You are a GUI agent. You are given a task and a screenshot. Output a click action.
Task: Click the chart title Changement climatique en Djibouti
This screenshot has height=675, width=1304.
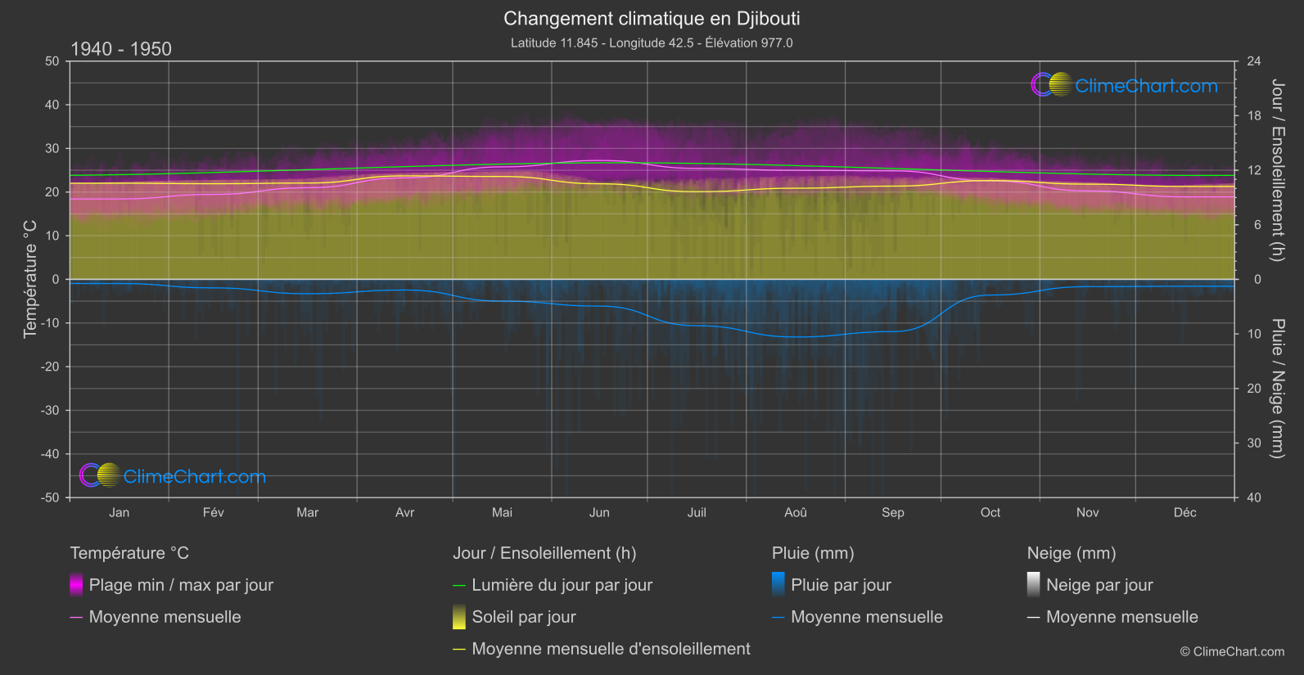(x=652, y=18)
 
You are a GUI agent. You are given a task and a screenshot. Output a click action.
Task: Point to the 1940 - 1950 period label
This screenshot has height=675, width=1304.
(x=121, y=49)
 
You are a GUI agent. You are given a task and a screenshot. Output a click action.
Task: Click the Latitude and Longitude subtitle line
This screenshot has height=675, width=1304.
(x=652, y=43)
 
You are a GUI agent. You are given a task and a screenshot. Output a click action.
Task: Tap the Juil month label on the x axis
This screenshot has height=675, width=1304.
(x=697, y=512)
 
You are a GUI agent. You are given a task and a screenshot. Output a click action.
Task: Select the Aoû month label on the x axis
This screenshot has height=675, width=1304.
(x=795, y=512)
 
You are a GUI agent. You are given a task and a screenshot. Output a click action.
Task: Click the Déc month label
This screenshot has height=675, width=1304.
(x=1184, y=512)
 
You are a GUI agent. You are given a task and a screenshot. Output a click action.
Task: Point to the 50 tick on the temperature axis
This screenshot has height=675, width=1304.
(x=52, y=61)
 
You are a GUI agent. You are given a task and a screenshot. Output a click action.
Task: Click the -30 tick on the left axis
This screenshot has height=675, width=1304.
(x=51, y=411)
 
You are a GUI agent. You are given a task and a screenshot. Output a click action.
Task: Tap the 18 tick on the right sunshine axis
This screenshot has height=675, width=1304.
(x=1254, y=116)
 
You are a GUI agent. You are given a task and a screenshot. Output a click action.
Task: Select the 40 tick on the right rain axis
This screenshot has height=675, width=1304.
(x=1254, y=497)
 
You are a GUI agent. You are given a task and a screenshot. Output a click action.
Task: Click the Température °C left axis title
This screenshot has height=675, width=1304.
(x=30, y=279)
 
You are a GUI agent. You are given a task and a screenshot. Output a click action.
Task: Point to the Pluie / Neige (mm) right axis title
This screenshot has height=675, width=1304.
(x=1277, y=389)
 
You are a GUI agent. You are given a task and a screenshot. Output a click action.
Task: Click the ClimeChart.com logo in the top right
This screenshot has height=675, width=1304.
(x=1125, y=85)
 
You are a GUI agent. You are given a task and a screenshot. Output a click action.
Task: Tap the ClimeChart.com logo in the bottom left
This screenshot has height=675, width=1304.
(x=173, y=476)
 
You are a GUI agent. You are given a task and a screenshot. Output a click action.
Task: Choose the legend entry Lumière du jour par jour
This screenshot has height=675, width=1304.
(x=562, y=585)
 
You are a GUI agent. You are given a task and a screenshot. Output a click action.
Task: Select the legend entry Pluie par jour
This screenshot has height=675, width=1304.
(x=841, y=585)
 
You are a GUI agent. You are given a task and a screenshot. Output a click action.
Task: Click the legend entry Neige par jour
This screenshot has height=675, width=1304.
(x=1099, y=585)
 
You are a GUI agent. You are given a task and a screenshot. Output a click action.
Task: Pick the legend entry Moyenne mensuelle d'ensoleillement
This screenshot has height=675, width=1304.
(x=611, y=649)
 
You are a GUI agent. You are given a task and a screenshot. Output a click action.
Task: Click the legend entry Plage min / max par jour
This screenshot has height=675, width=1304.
(x=181, y=585)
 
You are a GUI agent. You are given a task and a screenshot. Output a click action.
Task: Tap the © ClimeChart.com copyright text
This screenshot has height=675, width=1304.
(x=1232, y=651)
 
